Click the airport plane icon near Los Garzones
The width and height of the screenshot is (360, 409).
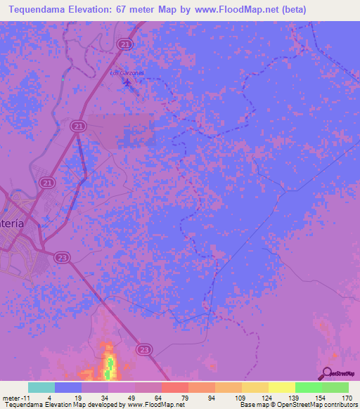[x=127, y=84]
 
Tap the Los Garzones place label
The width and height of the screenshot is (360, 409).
[x=127, y=73]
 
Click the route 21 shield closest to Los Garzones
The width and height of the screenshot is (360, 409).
[x=125, y=44]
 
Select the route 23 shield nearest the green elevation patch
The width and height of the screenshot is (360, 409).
[x=145, y=349]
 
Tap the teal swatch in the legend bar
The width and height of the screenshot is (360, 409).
[x=41, y=387]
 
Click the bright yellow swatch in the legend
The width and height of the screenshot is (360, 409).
[x=281, y=387]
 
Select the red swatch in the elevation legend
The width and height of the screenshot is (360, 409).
[x=174, y=387]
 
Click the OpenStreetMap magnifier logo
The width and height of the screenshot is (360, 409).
[x=326, y=373]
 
